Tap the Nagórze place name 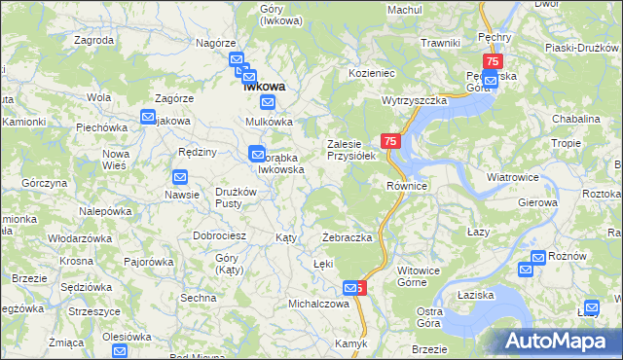pos(216,44)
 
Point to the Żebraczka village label pos(348,237)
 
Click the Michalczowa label pos(318,304)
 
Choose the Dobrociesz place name pos(219,235)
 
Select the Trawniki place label pos(440,43)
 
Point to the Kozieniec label pos(372,73)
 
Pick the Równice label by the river pos(407,186)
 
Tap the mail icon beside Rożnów pos(538,259)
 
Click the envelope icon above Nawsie pos(180,177)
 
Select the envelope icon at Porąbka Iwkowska pos(257,153)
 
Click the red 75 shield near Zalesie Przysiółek pos(391,142)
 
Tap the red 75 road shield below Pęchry pos(493,62)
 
